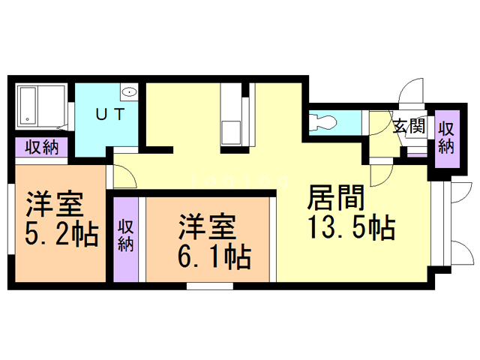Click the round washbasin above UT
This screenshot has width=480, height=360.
click(x=129, y=93)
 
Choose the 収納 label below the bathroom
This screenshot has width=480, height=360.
click(x=40, y=148)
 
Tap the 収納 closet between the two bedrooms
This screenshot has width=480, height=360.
click(x=126, y=236)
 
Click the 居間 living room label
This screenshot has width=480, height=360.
click(x=335, y=199)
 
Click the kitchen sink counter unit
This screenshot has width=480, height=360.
click(x=232, y=120)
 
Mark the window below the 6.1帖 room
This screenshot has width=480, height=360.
click(x=209, y=286)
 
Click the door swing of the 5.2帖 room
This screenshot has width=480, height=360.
click(x=124, y=177)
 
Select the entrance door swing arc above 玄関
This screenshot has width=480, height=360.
click(x=412, y=93)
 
